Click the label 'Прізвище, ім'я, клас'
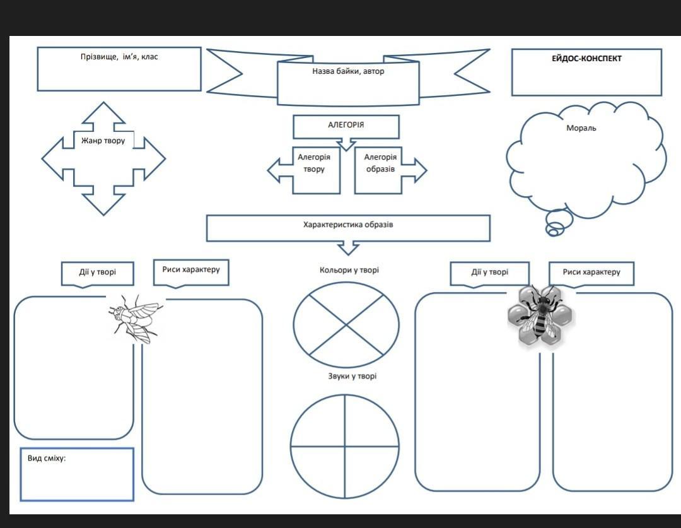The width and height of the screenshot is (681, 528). [x=119, y=57]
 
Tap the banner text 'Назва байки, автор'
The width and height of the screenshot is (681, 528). [x=348, y=71]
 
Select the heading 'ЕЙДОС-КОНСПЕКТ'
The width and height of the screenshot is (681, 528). [x=586, y=59]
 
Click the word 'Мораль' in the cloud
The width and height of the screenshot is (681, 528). [x=581, y=128]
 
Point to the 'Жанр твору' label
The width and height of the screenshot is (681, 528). [x=103, y=141]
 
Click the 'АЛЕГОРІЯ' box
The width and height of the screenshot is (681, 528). [x=346, y=125]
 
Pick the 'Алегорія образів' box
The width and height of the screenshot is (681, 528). [x=380, y=163]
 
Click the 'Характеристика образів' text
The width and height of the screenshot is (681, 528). [x=348, y=225]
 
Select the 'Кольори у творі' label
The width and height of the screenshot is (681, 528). [x=349, y=270]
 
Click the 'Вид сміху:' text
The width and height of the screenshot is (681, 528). [x=47, y=458]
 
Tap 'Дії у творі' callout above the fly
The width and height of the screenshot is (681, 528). [x=98, y=273]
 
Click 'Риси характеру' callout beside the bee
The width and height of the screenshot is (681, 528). [x=591, y=273]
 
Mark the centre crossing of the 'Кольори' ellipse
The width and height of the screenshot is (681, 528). [x=346, y=325]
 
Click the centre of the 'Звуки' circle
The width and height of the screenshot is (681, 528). [x=345, y=447]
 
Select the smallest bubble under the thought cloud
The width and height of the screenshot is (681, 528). [x=552, y=232]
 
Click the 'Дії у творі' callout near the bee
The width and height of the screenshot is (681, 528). [x=489, y=273]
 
